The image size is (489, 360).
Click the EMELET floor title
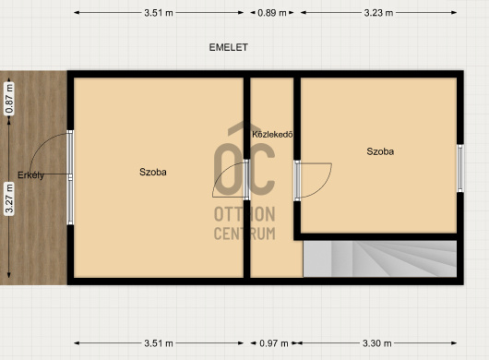pos(228,47)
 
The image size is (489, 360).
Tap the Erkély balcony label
pos(30,175)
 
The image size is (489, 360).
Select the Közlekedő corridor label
pos(272,135)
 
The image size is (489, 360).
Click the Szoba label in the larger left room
pos(153,172)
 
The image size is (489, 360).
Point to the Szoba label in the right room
pos(380,151)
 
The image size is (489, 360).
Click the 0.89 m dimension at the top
pos(272,13)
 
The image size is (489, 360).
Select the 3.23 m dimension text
pos(378,13)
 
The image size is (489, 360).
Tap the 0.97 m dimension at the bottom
pos(273,343)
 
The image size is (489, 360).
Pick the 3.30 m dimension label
pos(376,343)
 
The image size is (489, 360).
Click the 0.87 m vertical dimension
pos(9,99)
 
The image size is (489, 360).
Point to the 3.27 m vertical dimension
pos(9,198)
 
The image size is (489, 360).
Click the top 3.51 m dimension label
pos(159,13)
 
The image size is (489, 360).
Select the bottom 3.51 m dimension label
pos(159,343)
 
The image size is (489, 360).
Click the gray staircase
pos(380,258)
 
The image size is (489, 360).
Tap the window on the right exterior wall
pos(460,168)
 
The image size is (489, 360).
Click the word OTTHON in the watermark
pos(244,214)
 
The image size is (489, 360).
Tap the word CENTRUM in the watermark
pos(244,234)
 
